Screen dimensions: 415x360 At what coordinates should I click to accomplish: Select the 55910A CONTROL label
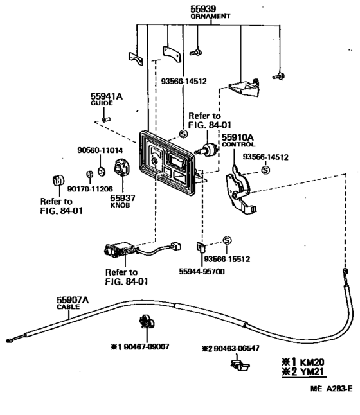tap(240, 140)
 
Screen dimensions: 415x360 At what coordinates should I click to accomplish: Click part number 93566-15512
tap(227, 260)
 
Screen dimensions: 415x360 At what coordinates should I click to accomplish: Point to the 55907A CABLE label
tap(72, 303)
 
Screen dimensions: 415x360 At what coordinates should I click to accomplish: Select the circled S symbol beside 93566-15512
tap(226, 240)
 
